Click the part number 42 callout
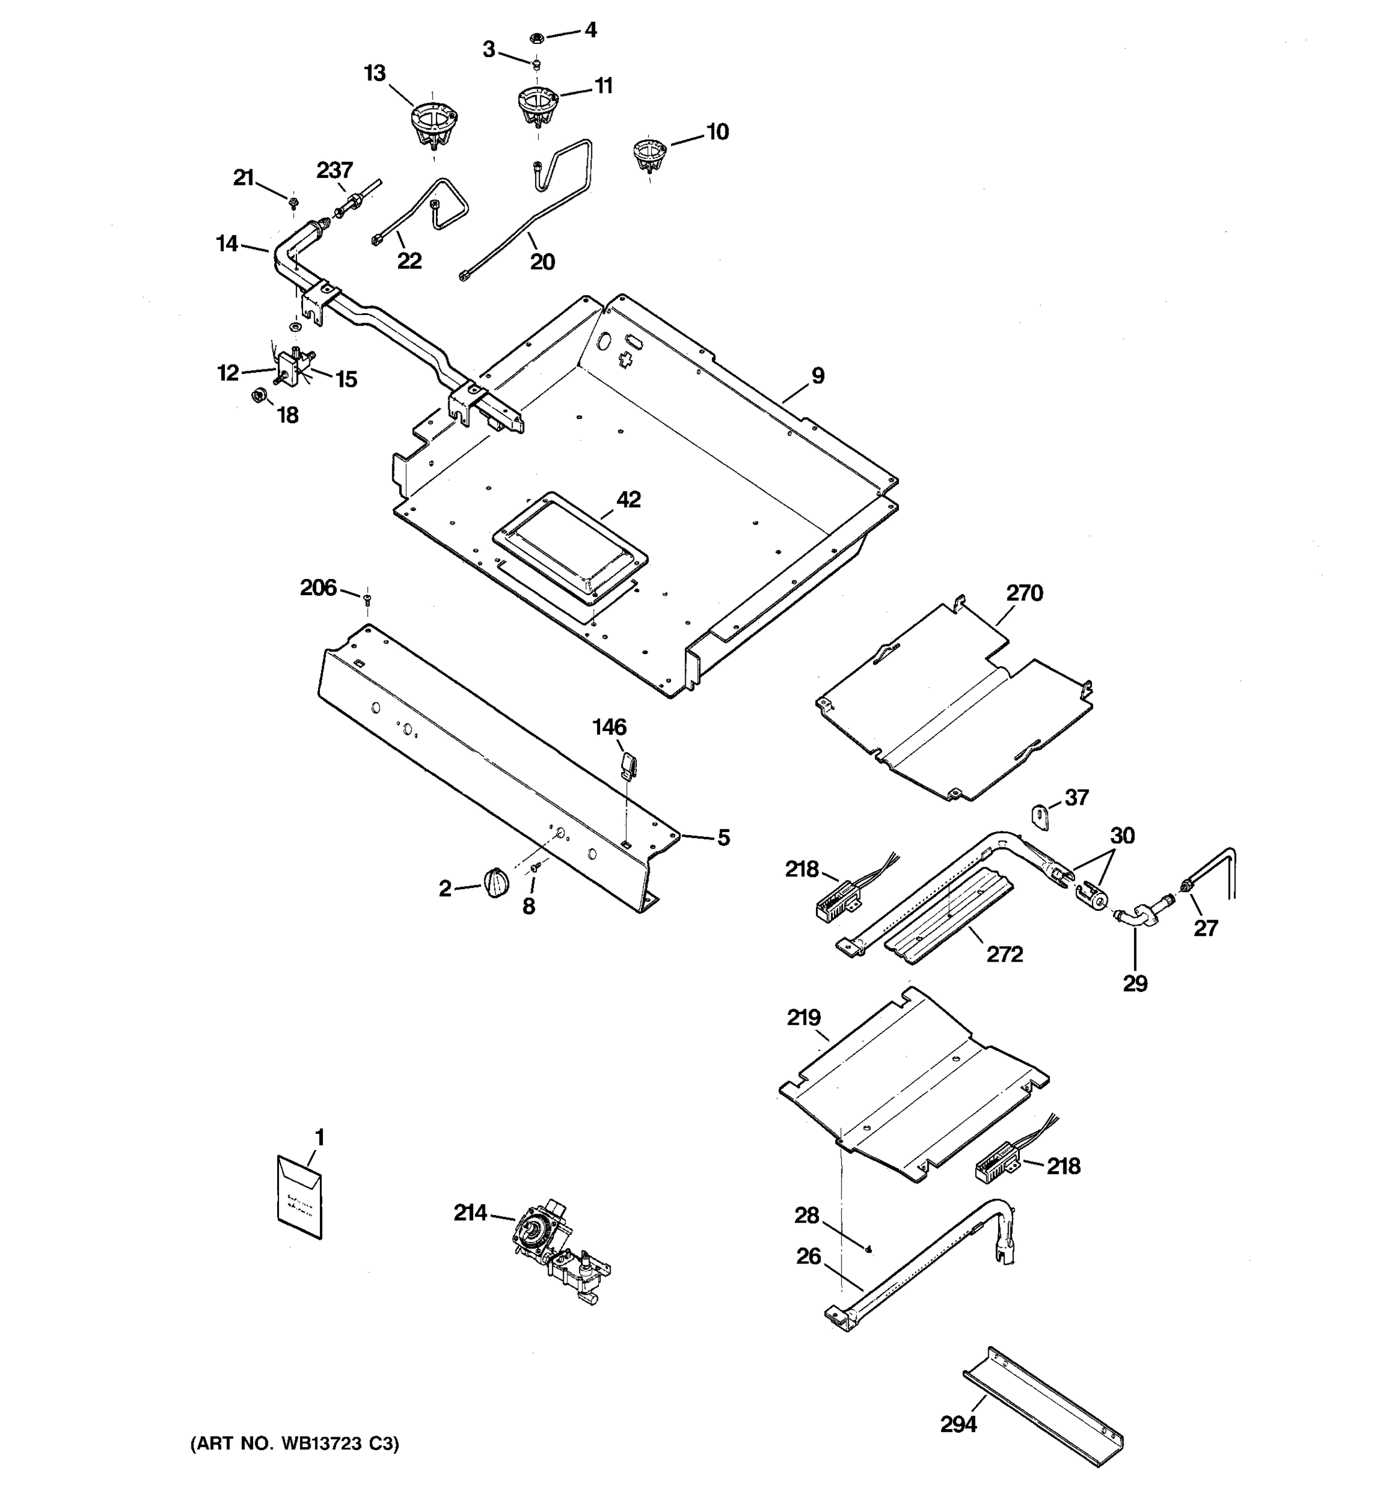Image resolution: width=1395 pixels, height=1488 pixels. point(628,499)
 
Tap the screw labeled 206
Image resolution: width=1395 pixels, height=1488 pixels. point(366,598)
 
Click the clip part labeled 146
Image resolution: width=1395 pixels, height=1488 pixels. point(628,765)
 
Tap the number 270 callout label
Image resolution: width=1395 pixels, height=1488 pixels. point(1024,593)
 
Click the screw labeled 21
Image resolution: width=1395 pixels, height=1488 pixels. point(293,201)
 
